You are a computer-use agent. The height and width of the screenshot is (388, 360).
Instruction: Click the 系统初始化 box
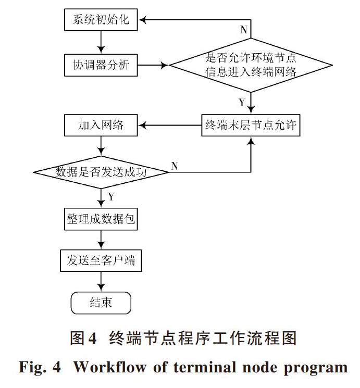[x=101, y=20]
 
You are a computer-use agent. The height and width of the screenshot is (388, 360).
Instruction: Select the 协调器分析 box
[x=101, y=65]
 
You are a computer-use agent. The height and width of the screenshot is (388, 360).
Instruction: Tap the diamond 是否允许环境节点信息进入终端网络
[x=251, y=65]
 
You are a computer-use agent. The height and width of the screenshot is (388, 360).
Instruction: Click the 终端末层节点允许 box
[x=251, y=125]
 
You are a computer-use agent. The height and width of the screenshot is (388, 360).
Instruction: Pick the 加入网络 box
[x=101, y=125]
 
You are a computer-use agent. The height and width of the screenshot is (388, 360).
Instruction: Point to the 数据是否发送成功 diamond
[x=101, y=172]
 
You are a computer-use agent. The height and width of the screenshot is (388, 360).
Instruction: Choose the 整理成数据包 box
[x=101, y=219]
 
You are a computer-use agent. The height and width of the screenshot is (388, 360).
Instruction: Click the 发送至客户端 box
[x=101, y=261]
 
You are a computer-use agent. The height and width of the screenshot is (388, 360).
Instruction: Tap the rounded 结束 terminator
[x=101, y=303]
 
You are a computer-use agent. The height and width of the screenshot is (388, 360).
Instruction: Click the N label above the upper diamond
[x=244, y=30]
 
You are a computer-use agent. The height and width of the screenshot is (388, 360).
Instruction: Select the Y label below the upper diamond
[x=242, y=102]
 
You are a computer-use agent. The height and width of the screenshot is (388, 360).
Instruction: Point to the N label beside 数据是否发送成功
[x=175, y=166]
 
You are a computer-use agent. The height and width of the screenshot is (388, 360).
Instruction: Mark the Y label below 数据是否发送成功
[x=111, y=197]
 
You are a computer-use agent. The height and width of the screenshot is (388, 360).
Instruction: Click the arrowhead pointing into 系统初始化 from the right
[x=142, y=20]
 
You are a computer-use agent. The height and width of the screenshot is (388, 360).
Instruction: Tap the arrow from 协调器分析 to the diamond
[x=153, y=65]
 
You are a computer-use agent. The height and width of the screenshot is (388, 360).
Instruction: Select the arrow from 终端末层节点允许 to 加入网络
[x=170, y=125]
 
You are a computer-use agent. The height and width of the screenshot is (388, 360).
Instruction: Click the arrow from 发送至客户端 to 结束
[x=101, y=282]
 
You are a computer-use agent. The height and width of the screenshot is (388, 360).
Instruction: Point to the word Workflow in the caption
[x=110, y=367]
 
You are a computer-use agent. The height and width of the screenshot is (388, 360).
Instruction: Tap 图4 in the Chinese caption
[x=83, y=338]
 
